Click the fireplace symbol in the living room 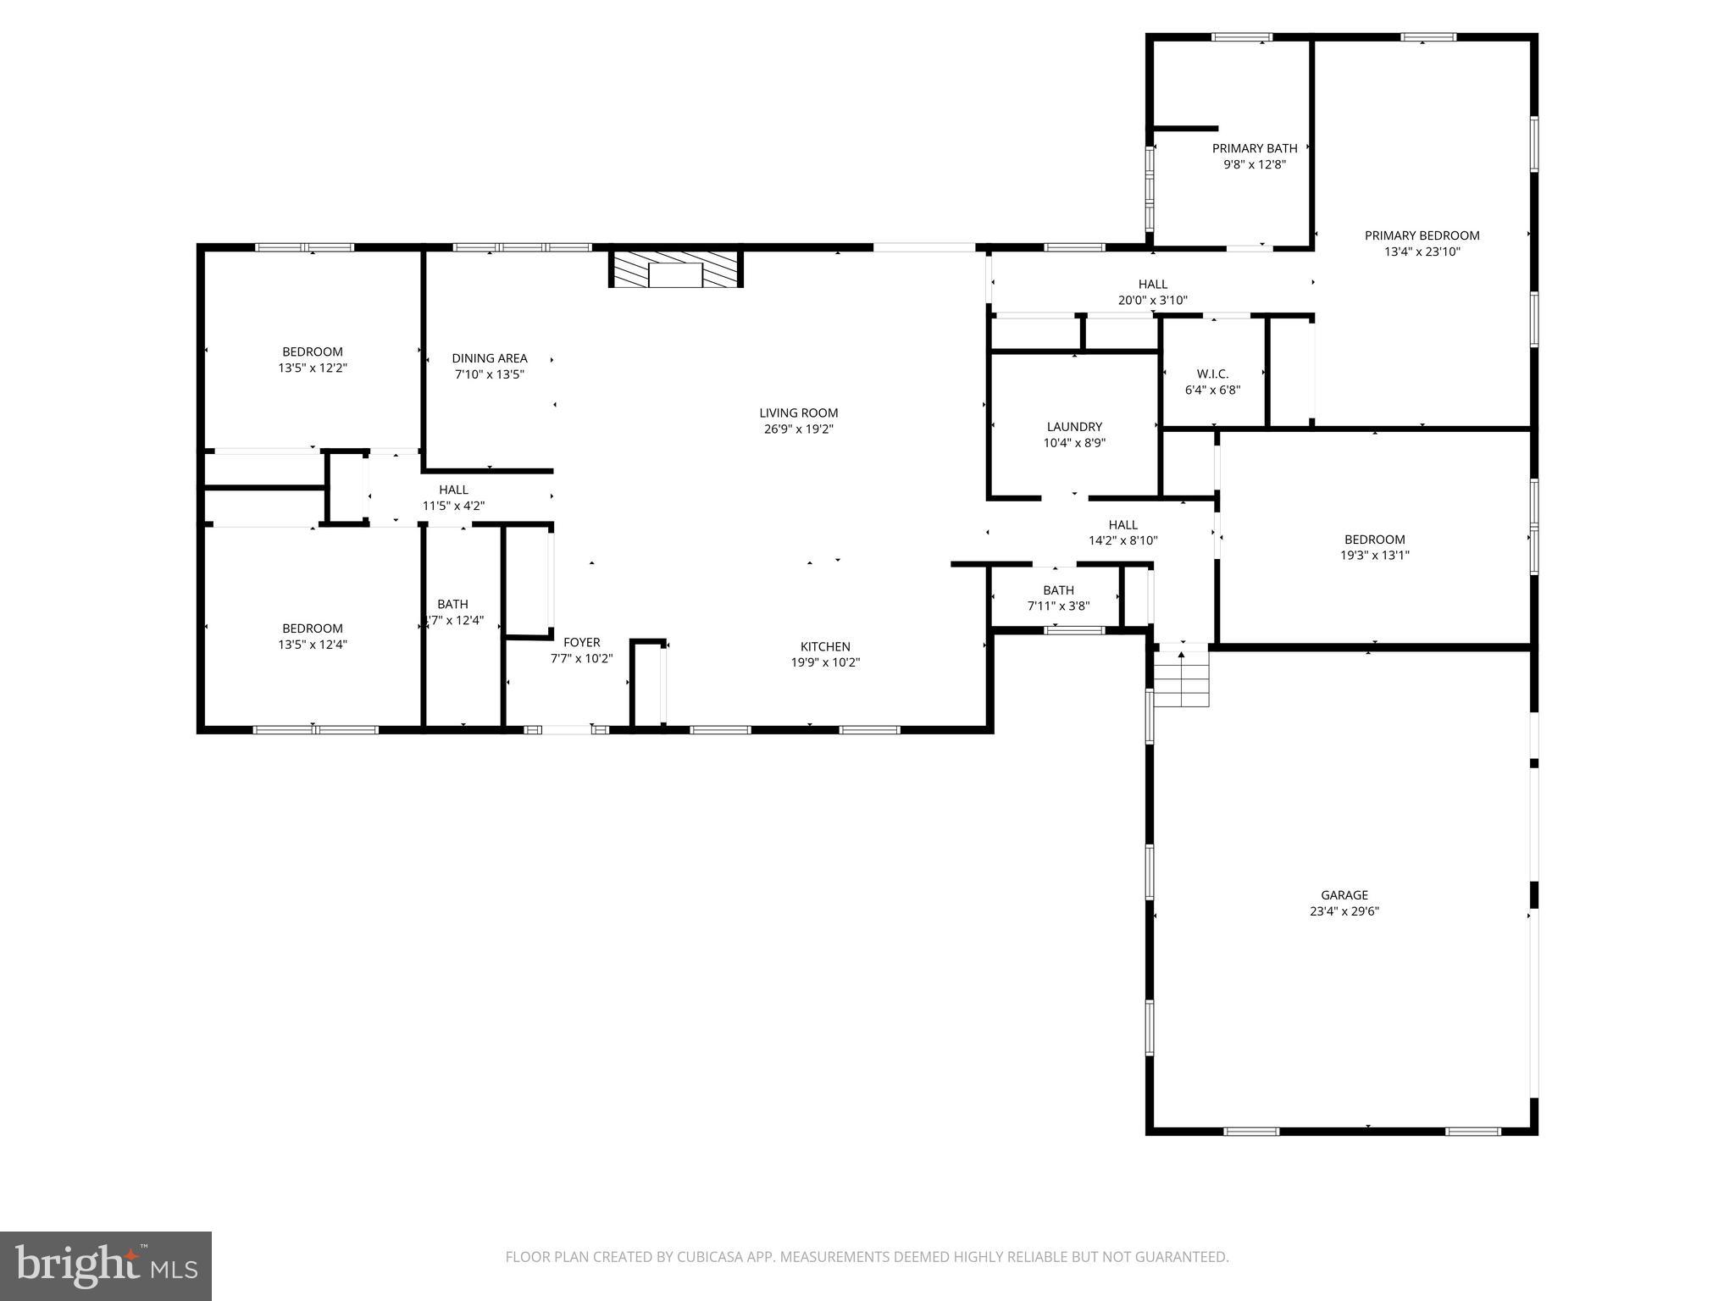tap(675, 269)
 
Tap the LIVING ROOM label tap(798, 413)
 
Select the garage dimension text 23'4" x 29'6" tap(1344, 911)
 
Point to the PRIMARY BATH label tap(1254, 148)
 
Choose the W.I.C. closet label tap(1212, 374)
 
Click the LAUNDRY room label tap(1074, 427)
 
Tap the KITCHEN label tap(825, 646)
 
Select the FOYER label tap(581, 642)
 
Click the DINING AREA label tap(489, 358)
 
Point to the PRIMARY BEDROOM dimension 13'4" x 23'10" tap(1422, 252)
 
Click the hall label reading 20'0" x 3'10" tap(1152, 300)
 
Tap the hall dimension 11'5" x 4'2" tap(453, 506)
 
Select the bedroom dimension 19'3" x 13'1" tap(1374, 556)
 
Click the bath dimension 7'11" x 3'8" tap(1058, 606)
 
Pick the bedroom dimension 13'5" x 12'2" tap(313, 368)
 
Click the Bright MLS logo tap(106, 1265)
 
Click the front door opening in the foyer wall tap(566, 729)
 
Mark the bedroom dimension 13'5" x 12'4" tap(313, 645)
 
